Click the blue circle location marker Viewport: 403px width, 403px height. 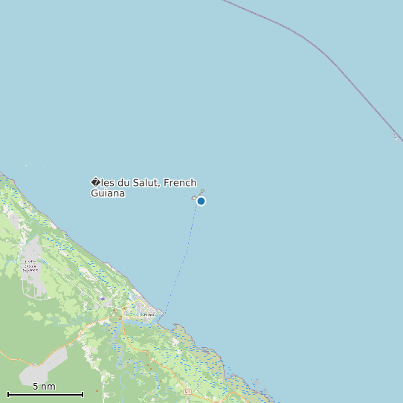201,201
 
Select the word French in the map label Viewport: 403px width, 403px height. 181,183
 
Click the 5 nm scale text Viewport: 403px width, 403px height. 44,387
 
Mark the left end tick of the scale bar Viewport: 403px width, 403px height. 8,393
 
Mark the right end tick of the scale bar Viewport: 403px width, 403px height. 83,393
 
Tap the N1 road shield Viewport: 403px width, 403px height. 189,390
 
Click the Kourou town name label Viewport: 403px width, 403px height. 148,315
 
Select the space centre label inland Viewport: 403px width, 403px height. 30,265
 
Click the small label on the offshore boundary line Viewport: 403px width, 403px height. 396,137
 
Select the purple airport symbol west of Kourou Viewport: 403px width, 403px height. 103,298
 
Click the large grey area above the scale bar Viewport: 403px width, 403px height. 45,368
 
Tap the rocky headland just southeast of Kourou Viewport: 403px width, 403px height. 178,328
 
